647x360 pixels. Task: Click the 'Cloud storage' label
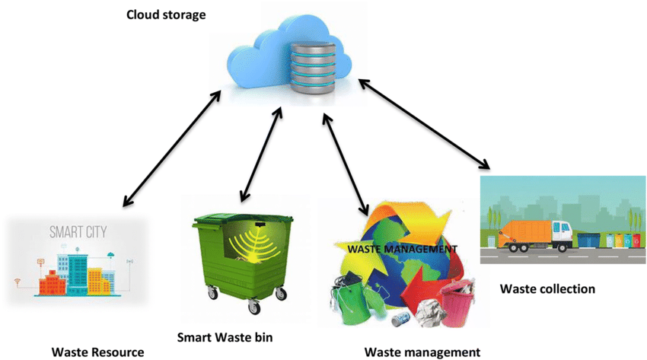point(166,14)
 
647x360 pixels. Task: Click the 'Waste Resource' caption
point(97,352)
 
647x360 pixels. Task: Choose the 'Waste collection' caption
point(547,289)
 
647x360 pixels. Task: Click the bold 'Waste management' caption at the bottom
point(422,352)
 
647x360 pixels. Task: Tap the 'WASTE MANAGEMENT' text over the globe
point(402,248)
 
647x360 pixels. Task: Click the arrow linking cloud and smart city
point(172,148)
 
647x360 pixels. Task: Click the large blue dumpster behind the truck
point(588,240)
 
